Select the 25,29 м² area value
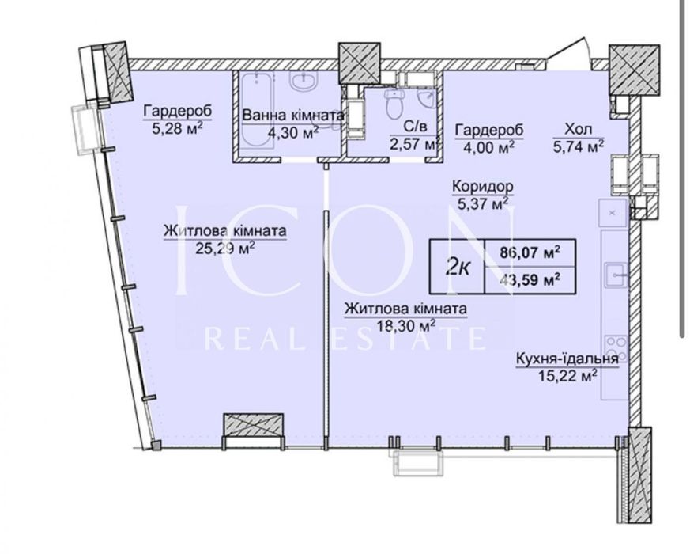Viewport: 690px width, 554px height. click(x=225, y=249)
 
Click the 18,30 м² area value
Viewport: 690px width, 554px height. click(x=406, y=326)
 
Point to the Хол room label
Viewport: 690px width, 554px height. click(x=579, y=129)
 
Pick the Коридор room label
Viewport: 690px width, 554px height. click(x=483, y=187)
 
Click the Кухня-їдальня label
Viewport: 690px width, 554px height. click(x=567, y=359)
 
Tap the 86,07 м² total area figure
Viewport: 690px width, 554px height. click(x=530, y=253)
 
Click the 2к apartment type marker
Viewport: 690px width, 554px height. click(x=457, y=267)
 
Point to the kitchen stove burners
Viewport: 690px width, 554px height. click(x=616, y=348)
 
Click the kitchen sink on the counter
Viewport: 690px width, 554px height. click(x=616, y=275)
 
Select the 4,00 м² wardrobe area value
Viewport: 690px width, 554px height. click(x=489, y=147)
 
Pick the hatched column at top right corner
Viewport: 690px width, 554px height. click(x=634, y=70)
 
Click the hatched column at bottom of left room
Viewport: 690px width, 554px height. click(x=253, y=424)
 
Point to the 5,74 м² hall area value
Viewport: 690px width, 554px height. click(x=579, y=146)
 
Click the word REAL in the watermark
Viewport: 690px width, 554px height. click(x=255, y=339)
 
